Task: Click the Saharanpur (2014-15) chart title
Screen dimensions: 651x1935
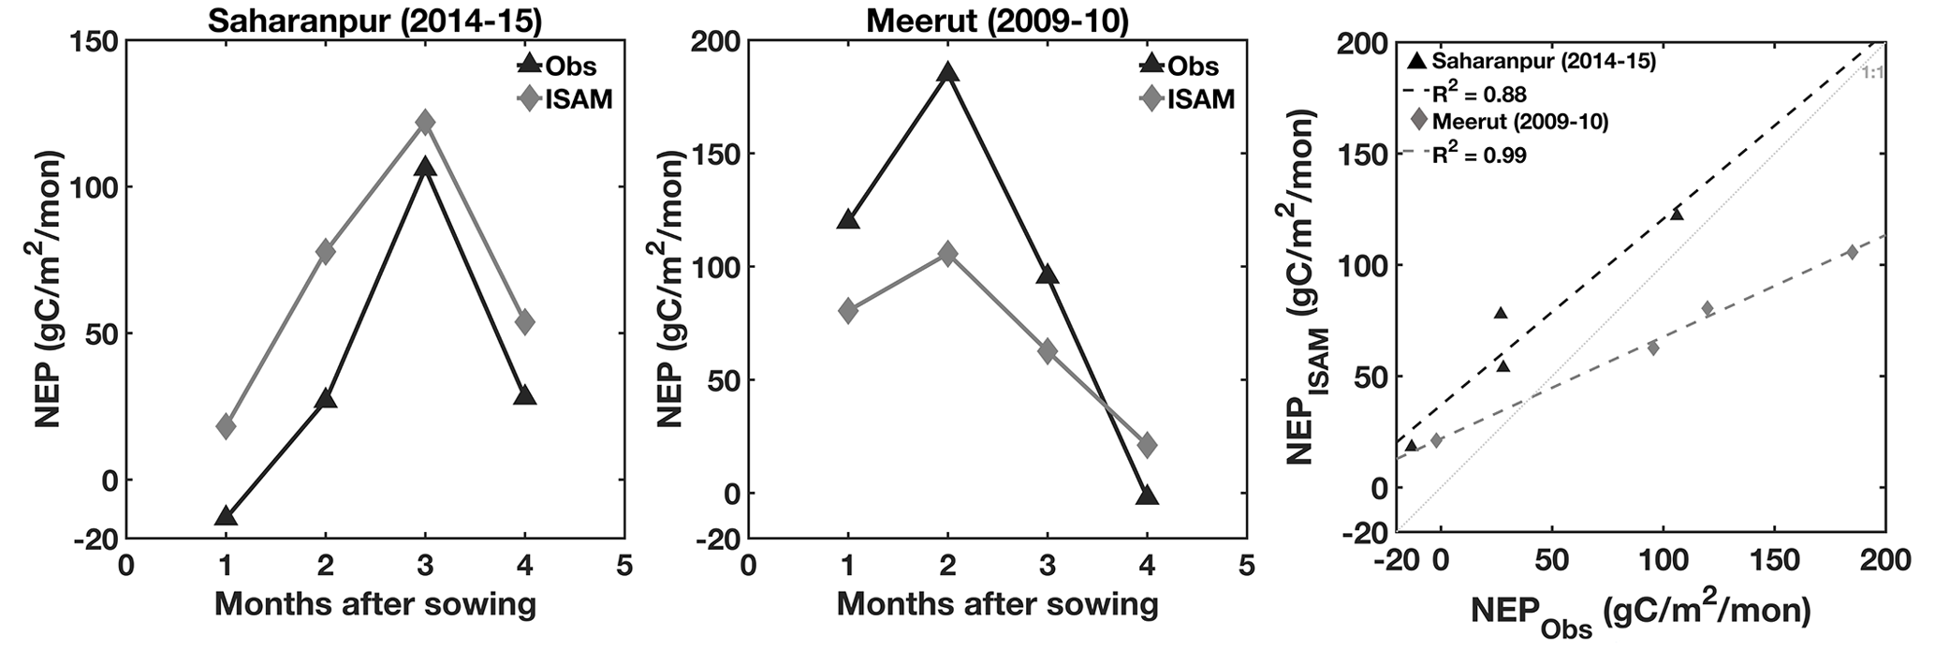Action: pyautogui.click(x=379, y=20)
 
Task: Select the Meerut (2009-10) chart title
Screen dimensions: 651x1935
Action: pyautogui.click(x=998, y=20)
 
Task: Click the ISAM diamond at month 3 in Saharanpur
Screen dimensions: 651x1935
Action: pyautogui.click(x=425, y=122)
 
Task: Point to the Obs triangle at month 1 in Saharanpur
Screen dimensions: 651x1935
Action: pyautogui.click(x=226, y=516)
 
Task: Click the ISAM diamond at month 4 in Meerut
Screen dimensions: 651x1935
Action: pyautogui.click(x=1147, y=445)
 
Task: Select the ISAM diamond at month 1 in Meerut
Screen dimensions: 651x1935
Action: pyautogui.click(x=848, y=311)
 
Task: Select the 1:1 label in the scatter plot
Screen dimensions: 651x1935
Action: pyautogui.click(x=1872, y=72)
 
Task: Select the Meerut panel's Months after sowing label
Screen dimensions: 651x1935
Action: pyautogui.click(x=997, y=604)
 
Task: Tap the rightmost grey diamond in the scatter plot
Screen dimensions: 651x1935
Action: pyautogui.click(x=1852, y=252)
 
